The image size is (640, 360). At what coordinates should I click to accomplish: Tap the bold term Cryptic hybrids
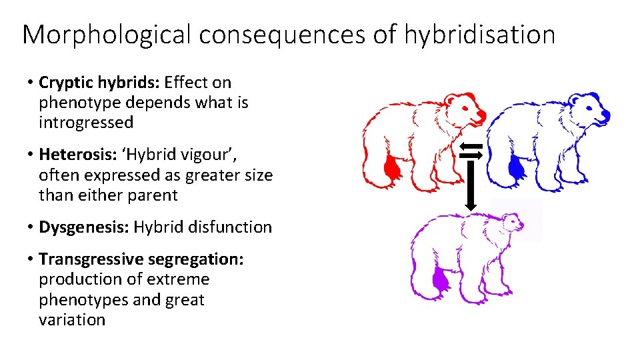point(99,83)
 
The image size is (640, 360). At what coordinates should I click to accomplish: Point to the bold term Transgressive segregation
point(141,259)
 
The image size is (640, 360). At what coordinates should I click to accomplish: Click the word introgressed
point(86,123)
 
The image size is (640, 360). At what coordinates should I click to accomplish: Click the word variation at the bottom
point(72,319)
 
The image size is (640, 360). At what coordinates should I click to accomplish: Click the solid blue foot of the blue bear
point(515,168)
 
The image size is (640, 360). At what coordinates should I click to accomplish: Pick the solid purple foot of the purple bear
point(440,280)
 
